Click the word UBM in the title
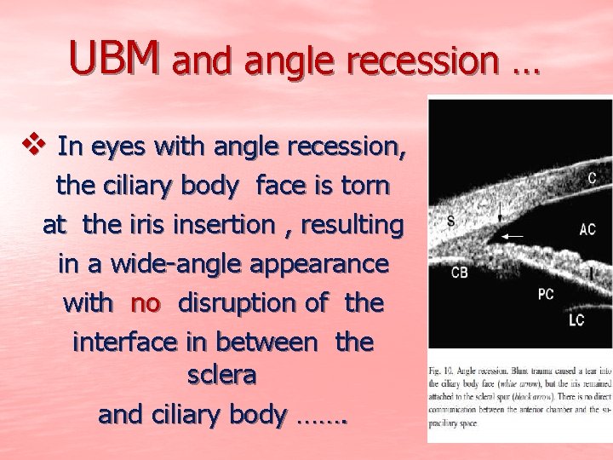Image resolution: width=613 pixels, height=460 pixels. point(114,58)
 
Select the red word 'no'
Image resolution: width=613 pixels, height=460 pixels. point(146,302)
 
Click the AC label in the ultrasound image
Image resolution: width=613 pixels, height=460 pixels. point(587,230)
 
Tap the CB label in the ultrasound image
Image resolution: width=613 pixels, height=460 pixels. point(460,273)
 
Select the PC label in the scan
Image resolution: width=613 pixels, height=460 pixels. point(547,294)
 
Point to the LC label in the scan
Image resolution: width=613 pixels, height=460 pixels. point(576,320)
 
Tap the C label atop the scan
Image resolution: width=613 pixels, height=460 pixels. point(591,178)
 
